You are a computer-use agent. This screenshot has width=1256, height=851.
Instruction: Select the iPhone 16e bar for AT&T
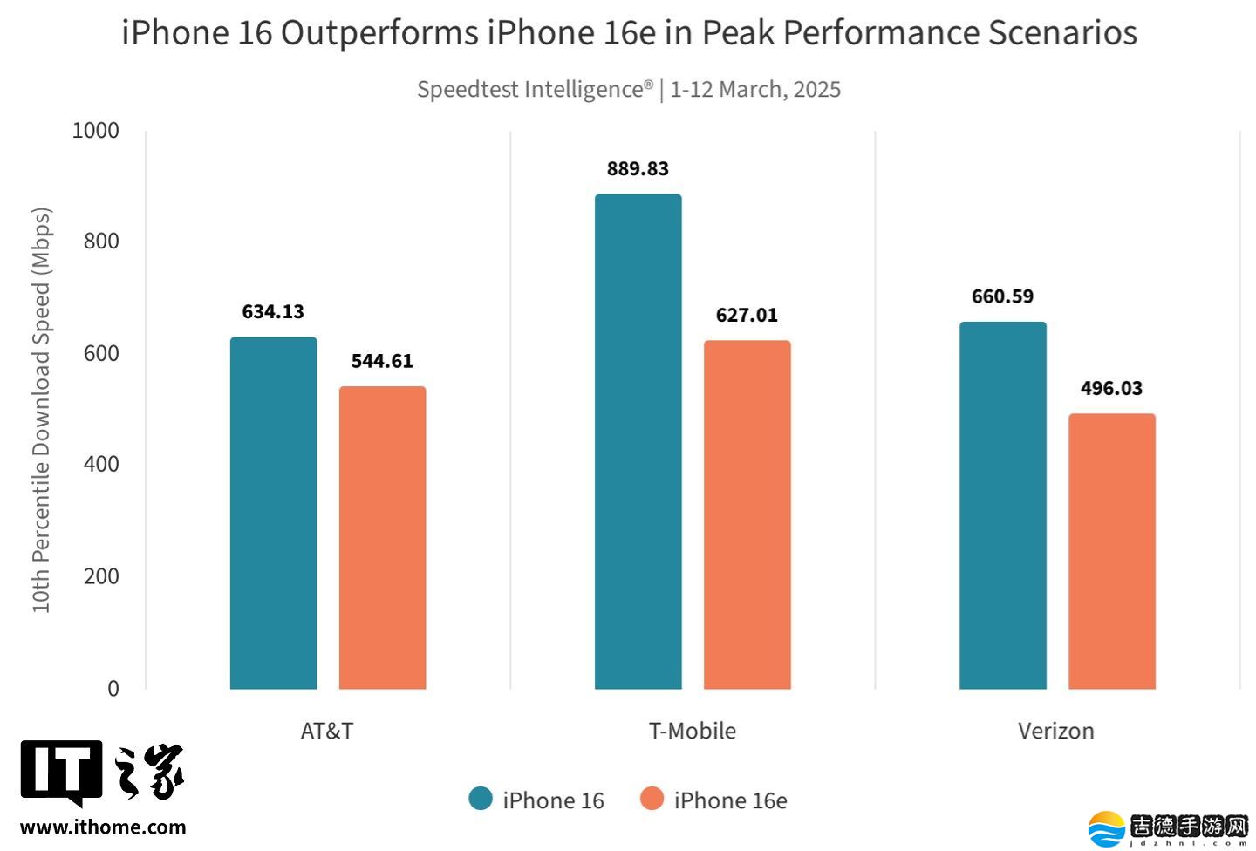[x=382, y=537]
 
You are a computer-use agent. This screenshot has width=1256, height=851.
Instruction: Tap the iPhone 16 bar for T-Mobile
[x=638, y=441]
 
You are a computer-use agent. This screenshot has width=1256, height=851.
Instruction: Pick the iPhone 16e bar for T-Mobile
[x=747, y=514]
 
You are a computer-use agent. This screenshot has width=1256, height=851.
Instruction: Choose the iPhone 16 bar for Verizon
[x=1002, y=505]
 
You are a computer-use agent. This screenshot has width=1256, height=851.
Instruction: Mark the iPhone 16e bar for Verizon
[x=1111, y=551]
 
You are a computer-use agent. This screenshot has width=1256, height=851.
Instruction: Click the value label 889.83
[x=638, y=169]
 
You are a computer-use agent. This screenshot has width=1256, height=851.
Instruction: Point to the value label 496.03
[x=1111, y=389]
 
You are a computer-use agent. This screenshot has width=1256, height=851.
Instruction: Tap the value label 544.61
[x=382, y=362]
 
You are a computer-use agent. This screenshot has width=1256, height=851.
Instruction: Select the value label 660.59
[x=1002, y=297]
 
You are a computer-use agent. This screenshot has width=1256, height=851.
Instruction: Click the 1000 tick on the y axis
[x=95, y=131]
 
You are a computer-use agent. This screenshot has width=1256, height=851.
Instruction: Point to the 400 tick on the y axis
[x=101, y=465]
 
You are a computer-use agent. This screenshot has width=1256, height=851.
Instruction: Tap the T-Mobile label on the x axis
[x=692, y=731]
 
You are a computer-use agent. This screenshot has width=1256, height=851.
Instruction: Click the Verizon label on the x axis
[x=1055, y=731]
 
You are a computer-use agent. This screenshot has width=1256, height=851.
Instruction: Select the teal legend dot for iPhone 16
[x=481, y=799]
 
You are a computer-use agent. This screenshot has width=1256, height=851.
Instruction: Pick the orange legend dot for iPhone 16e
[x=652, y=799]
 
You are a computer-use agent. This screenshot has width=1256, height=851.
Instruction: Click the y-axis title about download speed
[x=41, y=410]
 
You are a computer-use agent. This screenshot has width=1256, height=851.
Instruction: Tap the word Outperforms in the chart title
[x=379, y=33]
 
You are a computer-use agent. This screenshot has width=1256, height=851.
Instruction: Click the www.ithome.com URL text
[x=103, y=827]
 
